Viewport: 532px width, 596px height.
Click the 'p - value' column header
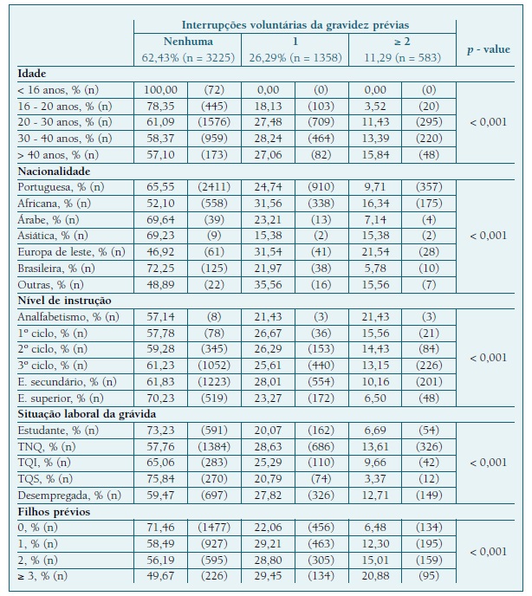(x=488, y=49)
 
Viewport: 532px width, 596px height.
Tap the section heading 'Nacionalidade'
(x=55, y=171)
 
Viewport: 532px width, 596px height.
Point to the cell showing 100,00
(x=160, y=90)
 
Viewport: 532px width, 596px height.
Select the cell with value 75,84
(x=160, y=478)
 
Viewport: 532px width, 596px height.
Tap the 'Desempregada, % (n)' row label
(x=69, y=495)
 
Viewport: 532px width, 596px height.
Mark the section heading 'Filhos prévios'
(x=54, y=511)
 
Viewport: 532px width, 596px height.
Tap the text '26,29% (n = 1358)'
(x=295, y=58)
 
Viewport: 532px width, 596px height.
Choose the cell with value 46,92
(x=160, y=252)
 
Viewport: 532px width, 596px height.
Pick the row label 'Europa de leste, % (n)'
(x=71, y=252)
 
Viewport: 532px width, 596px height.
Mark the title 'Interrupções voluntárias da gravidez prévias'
(x=296, y=25)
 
